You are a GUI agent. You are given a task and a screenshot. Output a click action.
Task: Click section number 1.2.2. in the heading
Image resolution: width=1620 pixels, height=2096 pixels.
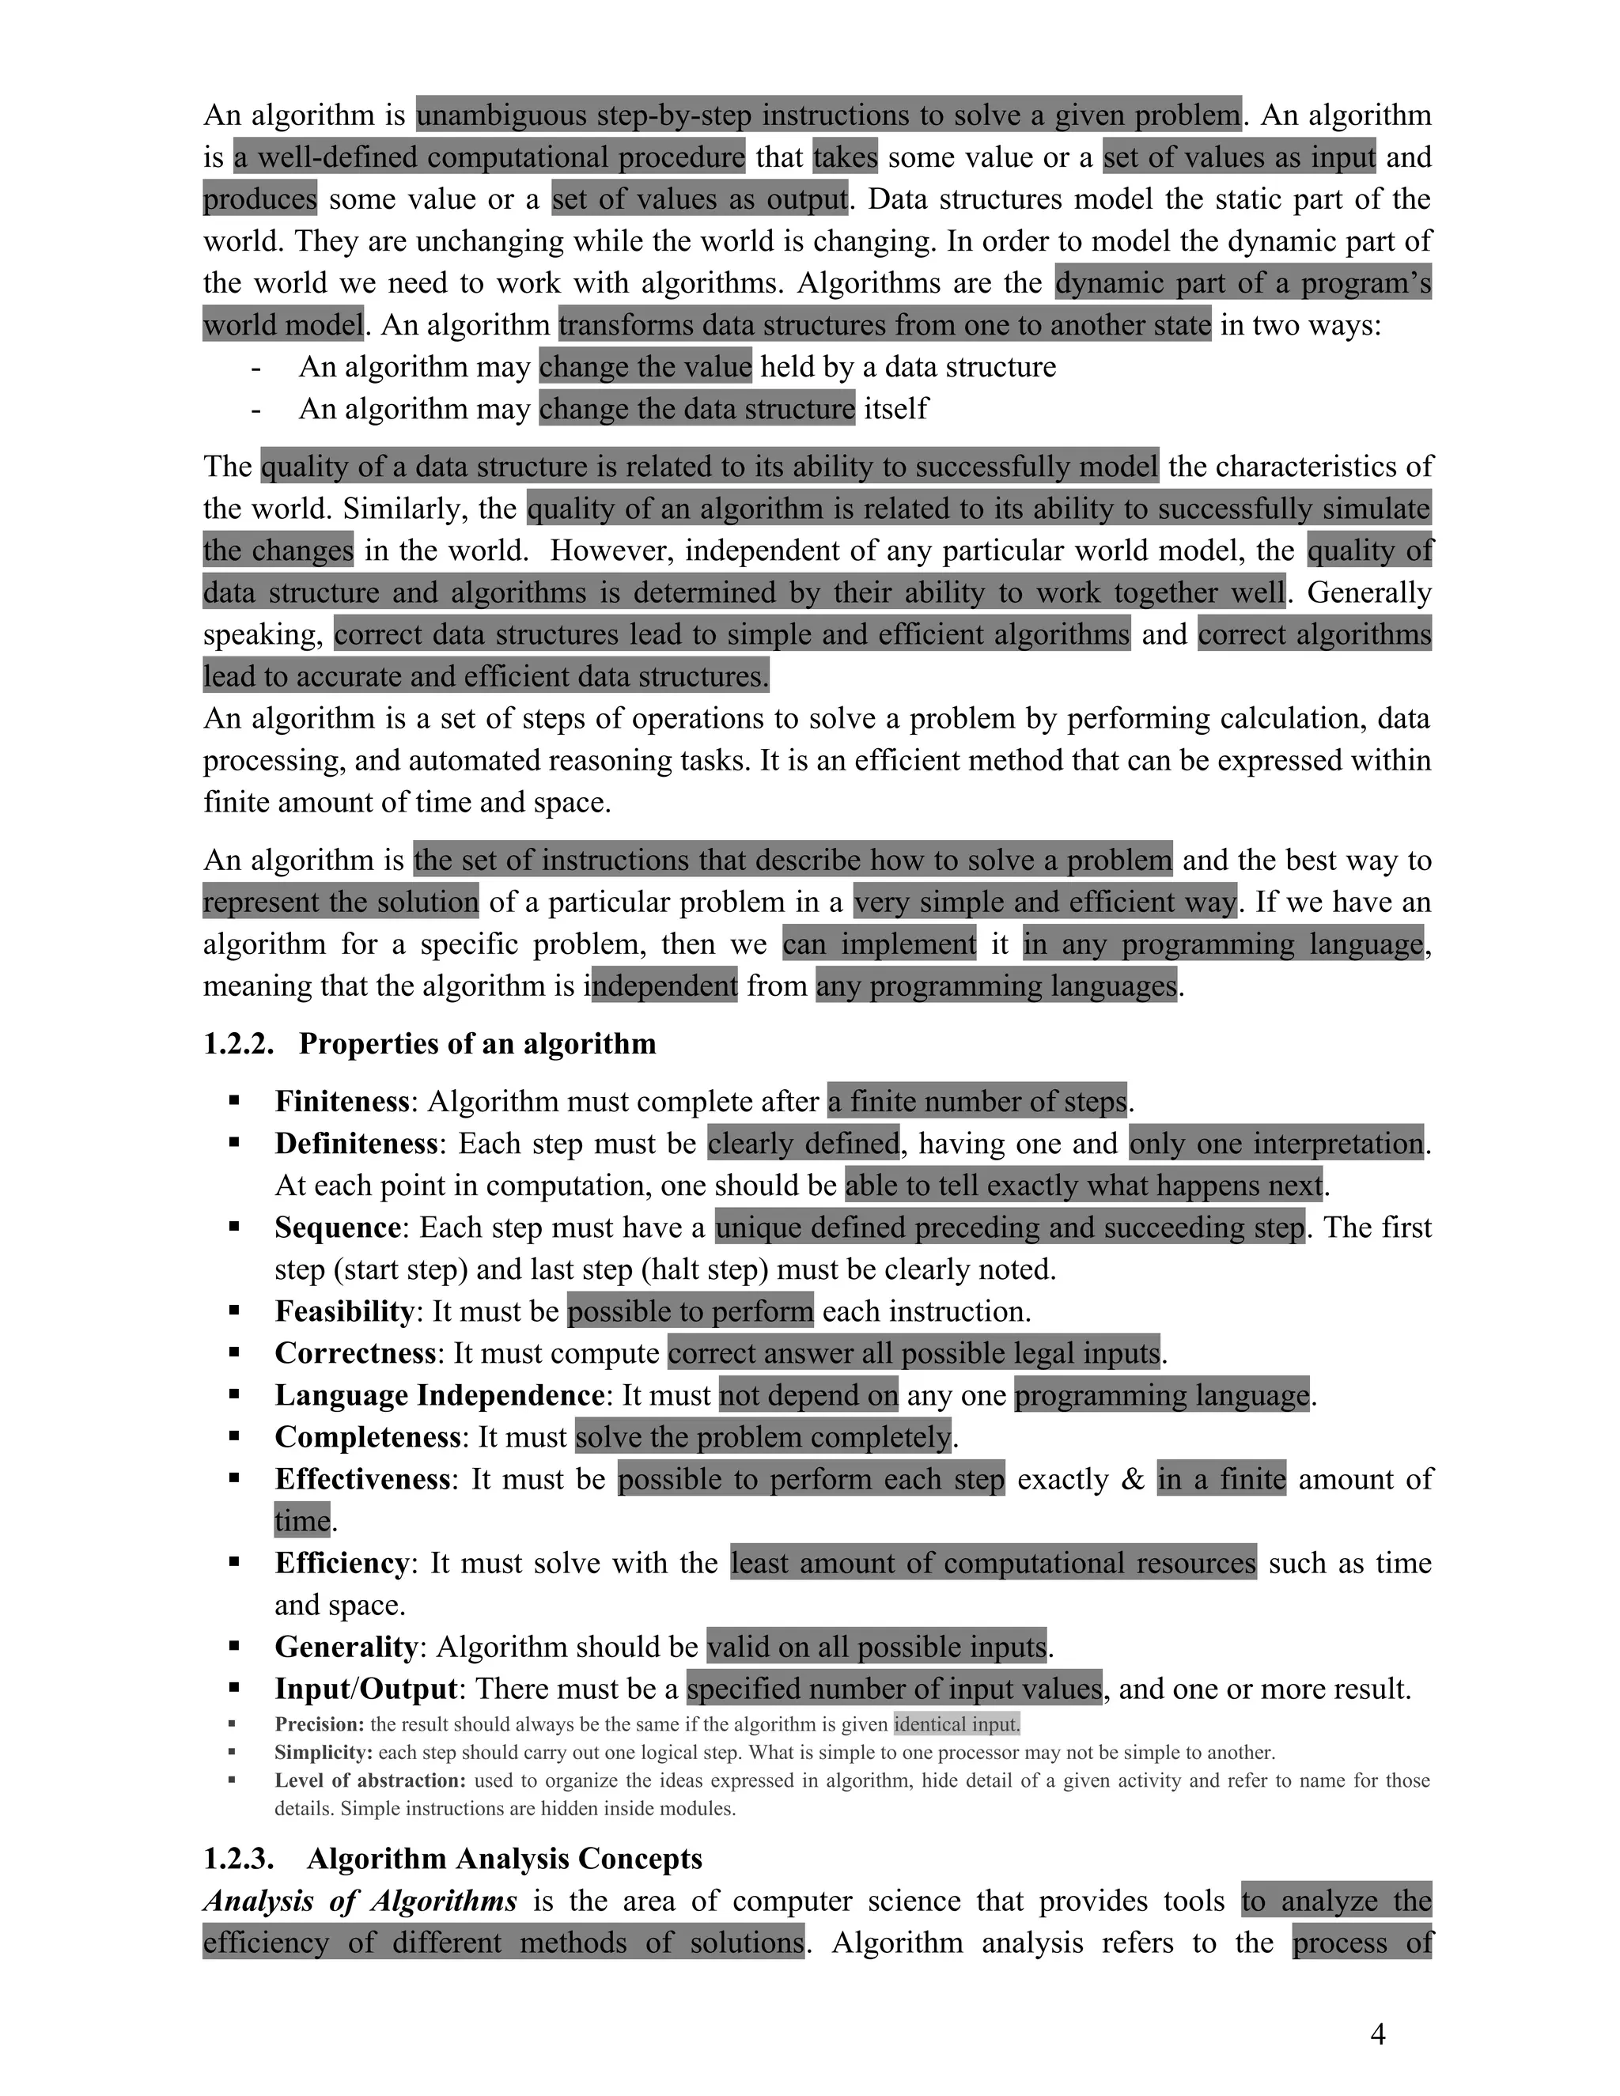click(238, 1044)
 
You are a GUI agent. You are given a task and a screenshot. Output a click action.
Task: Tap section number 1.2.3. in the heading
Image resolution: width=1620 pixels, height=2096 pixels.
click(238, 1859)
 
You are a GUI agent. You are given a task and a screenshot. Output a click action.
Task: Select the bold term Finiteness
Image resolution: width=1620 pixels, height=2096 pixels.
click(343, 1102)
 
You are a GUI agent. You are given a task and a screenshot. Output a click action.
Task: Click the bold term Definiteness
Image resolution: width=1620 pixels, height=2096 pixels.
click(356, 1144)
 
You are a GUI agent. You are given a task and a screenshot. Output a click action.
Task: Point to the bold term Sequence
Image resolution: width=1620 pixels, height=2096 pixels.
click(338, 1228)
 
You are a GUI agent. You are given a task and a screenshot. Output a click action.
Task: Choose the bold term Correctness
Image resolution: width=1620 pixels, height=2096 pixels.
click(355, 1353)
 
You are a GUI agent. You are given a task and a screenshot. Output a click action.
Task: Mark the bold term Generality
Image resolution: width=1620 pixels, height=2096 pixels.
click(346, 1647)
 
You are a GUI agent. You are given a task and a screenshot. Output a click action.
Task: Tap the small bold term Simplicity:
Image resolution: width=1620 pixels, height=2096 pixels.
click(324, 1753)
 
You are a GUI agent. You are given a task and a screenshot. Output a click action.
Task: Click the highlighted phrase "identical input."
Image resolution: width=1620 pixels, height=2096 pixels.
click(957, 1724)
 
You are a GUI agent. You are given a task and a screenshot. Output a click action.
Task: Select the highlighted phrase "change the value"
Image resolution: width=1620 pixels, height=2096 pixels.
click(645, 367)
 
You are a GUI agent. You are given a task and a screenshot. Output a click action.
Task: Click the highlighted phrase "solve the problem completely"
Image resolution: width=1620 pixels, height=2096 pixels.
click(763, 1436)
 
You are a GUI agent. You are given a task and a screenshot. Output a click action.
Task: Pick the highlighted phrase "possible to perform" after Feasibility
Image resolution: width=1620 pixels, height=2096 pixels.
click(690, 1311)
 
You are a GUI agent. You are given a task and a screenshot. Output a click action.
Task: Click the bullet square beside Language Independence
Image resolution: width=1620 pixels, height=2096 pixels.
click(234, 1394)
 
